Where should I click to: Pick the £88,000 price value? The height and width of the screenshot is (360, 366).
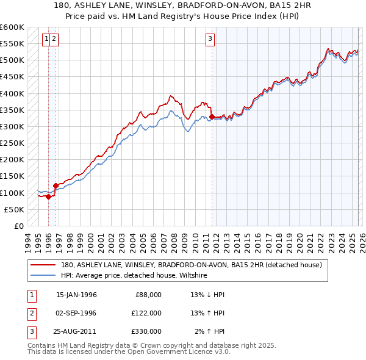tap(148, 295)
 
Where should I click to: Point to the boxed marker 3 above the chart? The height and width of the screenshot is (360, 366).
tap(210, 39)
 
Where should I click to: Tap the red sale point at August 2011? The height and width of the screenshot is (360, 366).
tap(212, 117)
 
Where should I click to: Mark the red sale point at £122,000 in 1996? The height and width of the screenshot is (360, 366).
tap(56, 185)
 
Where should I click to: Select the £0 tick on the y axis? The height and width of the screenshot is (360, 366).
tap(18, 226)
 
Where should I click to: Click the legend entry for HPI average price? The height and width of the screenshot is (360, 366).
tap(134, 276)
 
